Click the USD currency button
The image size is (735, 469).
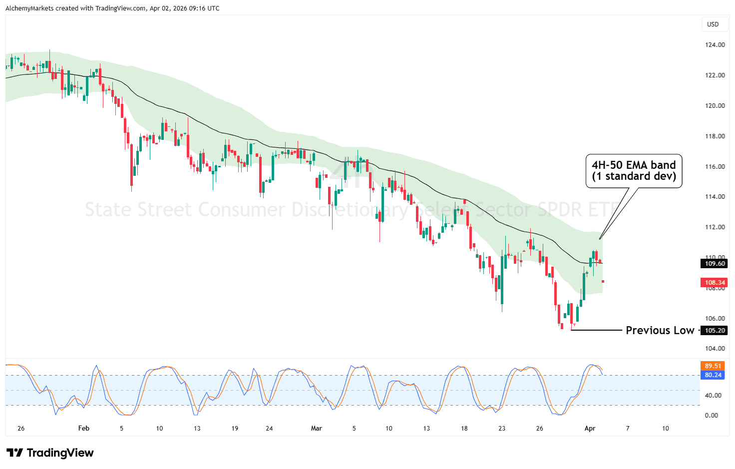point(713,24)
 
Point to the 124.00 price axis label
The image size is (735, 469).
point(715,45)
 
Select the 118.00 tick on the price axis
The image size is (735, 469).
point(715,136)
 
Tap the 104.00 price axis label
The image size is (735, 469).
point(715,349)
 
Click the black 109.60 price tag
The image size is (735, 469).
point(715,264)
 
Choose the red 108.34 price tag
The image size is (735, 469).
point(715,283)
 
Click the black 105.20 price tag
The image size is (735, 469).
point(715,331)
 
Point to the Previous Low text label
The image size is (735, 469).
point(660,331)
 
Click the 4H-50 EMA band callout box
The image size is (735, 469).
point(634,171)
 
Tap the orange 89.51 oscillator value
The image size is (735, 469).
point(713,366)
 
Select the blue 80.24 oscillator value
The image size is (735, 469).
point(713,375)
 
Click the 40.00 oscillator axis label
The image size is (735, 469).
point(713,396)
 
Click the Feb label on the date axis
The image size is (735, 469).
point(84,429)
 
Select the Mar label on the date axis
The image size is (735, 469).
point(317,429)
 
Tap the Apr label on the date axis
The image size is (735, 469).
point(590,429)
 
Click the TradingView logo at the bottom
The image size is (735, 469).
point(50,453)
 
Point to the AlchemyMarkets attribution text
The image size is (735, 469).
point(112,8)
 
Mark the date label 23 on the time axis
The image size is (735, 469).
point(502,429)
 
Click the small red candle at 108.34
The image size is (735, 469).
point(603,282)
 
